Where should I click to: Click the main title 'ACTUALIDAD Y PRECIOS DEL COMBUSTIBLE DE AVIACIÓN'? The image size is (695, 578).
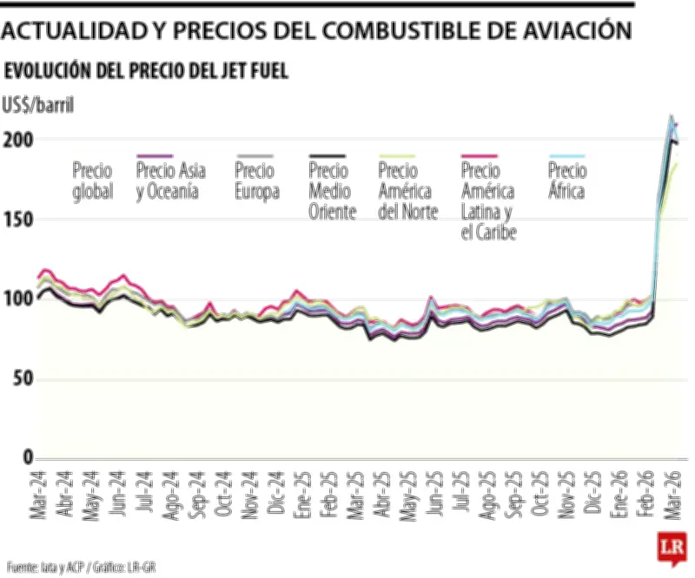[314, 31]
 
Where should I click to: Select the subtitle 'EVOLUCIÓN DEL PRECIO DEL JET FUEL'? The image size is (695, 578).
[147, 71]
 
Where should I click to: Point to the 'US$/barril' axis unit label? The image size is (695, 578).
[39, 106]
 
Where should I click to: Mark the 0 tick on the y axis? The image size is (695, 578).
[26, 457]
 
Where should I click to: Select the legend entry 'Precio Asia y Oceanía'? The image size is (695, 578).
[171, 181]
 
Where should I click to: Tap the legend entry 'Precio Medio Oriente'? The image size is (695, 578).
[332, 191]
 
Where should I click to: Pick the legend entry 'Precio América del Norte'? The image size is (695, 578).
[408, 191]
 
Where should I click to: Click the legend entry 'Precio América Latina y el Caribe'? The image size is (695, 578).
[488, 200]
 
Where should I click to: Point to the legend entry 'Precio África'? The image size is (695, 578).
[566, 181]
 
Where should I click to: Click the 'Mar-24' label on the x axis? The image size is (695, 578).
[38, 497]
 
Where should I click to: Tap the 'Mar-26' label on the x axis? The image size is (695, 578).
[672, 497]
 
